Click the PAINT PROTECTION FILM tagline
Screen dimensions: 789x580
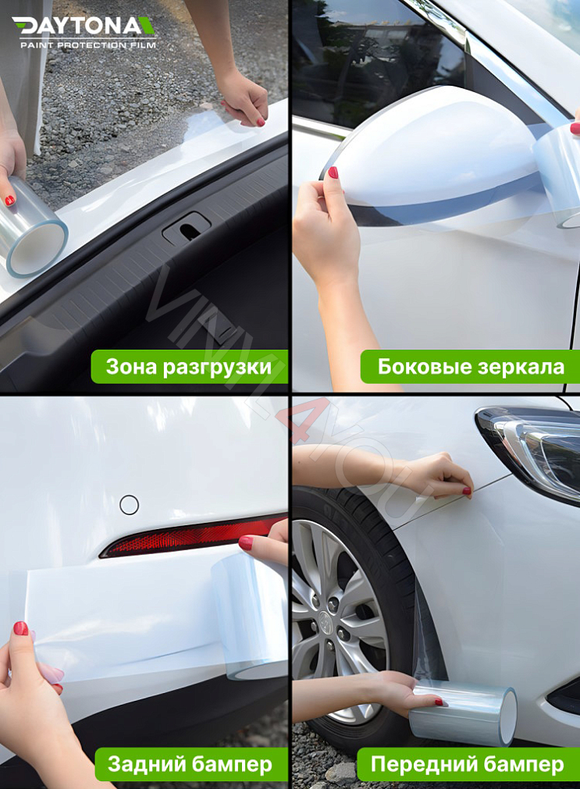(87, 45)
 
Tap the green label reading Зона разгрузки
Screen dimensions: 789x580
(189, 367)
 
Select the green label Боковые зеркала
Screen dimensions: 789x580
(470, 367)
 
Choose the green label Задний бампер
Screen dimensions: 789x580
(190, 764)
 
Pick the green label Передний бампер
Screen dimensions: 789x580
(467, 764)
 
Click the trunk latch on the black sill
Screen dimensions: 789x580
(186, 229)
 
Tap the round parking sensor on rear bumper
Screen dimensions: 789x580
(129, 505)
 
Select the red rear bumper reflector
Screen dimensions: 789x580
(187, 537)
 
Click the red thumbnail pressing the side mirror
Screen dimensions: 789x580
(333, 172)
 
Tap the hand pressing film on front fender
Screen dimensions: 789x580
(437, 476)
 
